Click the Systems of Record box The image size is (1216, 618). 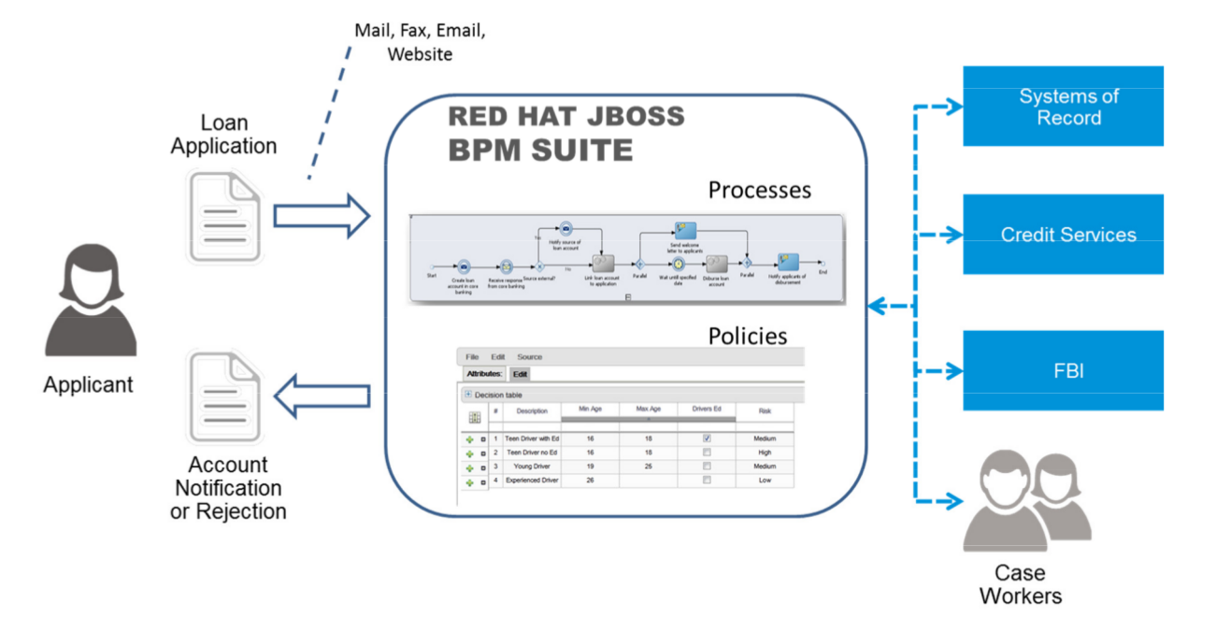click(x=1063, y=106)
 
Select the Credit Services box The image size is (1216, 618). click(x=1063, y=235)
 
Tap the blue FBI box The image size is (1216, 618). click(x=1063, y=370)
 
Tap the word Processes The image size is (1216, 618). click(x=759, y=191)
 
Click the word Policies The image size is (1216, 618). click(x=747, y=336)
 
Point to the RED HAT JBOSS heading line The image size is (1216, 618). click(x=565, y=117)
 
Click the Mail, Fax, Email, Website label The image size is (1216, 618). click(x=420, y=42)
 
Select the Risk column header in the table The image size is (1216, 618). click(x=764, y=411)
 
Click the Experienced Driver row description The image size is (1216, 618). click(x=532, y=481)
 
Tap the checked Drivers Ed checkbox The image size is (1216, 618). click(x=707, y=438)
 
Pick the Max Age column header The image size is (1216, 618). click(x=648, y=410)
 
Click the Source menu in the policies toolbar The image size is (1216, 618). click(x=529, y=357)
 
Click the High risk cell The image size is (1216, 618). click(x=764, y=452)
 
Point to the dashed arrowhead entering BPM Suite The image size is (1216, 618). click(x=873, y=304)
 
